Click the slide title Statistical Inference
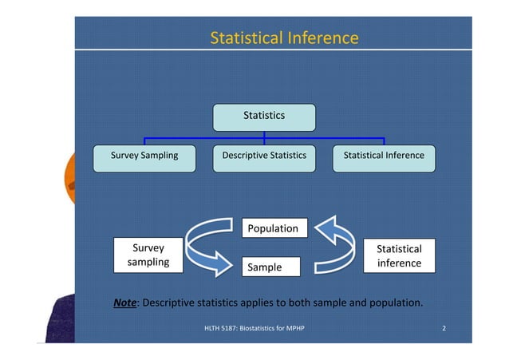click(283, 38)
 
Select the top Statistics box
click(263, 117)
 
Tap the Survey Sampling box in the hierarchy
click(144, 156)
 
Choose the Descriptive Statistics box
click(264, 156)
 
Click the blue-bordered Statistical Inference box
click(384, 156)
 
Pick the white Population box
click(272, 228)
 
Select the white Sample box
click(271, 267)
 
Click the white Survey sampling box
click(148, 255)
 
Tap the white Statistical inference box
click(399, 256)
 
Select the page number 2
click(444, 329)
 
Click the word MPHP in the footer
click(294, 329)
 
